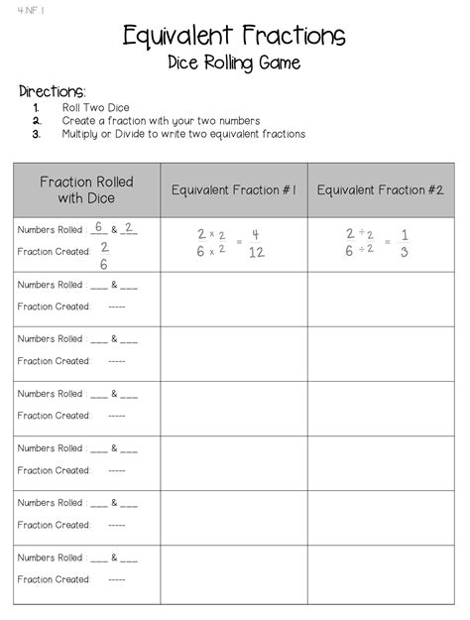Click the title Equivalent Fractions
pyautogui.click(x=234, y=37)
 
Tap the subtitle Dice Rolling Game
pyautogui.click(x=234, y=64)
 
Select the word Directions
pyautogui.click(x=53, y=91)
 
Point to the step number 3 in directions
pyautogui.click(x=36, y=134)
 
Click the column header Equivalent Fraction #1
pyautogui.click(x=234, y=188)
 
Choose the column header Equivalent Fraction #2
pyautogui.click(x=380, y=188)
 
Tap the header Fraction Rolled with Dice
pyautogui.click(x=86, y=189)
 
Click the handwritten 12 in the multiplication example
pyautogui.click(x=256, y=252)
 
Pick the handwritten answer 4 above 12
pyautogui.click(x=255, y=235)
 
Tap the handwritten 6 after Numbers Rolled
pyautogui.click(x=99, y=227)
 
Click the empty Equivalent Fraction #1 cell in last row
pyautogui.click(x=234, y=573)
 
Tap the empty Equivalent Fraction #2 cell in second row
pyautogui.click(x=380, y=300)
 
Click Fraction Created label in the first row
pyautogui.click(x=54, y=252)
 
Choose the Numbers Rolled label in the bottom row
pyautogui.click(x=51, y=558)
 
